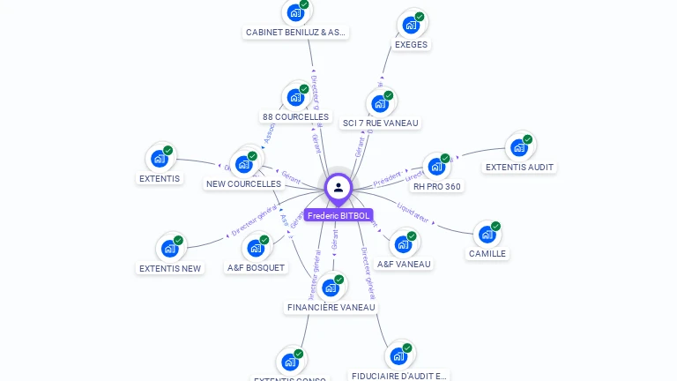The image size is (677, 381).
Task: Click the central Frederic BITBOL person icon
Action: [338, 187]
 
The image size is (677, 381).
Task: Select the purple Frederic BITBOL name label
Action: [338, 215]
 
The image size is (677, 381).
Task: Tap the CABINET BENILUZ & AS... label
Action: [296, 33]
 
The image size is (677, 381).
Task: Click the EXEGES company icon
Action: [411, 25]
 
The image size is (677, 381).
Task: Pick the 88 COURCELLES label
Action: [295, 116]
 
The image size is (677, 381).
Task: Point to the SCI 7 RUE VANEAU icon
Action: [380, 104]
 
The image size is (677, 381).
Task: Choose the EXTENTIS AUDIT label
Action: [519, 167]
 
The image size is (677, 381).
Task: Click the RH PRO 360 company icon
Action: [436, 167]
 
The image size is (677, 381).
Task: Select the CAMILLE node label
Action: [487, 253]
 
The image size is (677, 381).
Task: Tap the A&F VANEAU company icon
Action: [403, 243]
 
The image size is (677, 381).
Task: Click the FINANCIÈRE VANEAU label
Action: [331, 307]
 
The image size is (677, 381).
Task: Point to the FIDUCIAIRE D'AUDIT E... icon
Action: [398, 356]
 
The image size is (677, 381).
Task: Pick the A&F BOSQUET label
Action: [256, 267]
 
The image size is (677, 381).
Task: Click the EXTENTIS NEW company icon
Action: [170, 249]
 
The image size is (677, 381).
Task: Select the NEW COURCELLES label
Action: [243, 183]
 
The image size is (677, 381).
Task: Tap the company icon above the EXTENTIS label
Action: [160, 159]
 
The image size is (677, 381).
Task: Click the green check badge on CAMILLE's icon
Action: [495, 227]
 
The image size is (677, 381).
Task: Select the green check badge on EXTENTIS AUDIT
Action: [527, 139]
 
